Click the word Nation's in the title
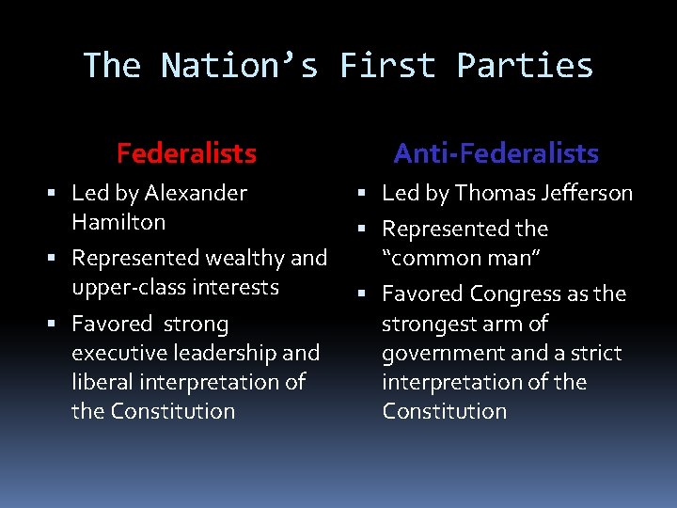(x=239, y=66)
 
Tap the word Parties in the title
(x=525, y=66)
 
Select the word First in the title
(x=387, y=66)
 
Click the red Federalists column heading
(x=186, y=152)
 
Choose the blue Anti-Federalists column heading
(x=496, y=152)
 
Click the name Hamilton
(x=118, y=223)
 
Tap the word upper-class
(x=128, y=287)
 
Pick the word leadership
(x=235, y=353)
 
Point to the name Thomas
(x=492, y=194)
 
